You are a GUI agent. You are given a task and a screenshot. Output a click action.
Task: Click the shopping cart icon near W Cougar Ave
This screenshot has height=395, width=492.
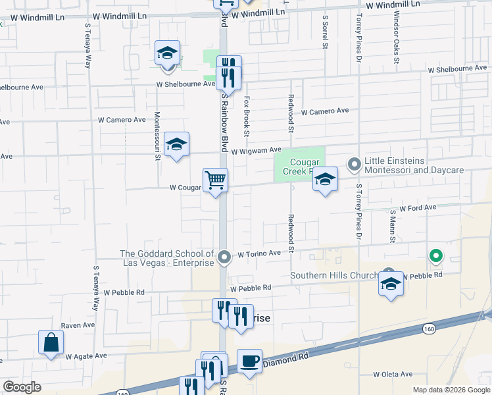[215, 180]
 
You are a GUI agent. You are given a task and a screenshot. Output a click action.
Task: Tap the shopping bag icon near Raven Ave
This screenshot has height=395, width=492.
[51, 342]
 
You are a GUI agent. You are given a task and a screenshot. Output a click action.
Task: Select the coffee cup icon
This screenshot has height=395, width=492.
[249, 361]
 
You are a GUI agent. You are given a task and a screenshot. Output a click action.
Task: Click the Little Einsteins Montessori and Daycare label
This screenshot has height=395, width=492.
[414, 165]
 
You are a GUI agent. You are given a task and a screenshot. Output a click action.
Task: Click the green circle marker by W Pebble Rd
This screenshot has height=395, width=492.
[435, 256]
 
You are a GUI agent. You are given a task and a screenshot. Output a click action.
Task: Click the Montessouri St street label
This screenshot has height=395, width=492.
[157, 130]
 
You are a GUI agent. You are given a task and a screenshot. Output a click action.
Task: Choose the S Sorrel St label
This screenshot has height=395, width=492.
[325, 34]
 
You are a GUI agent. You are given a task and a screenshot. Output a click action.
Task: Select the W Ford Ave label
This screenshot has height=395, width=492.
[418, 207]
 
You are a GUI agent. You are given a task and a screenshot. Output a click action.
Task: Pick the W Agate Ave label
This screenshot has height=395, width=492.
[86, 355]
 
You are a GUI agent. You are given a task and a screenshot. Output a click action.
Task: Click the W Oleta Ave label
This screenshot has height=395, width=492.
[393, 374]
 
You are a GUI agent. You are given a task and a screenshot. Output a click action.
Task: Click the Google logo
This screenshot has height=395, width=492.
[22, 387]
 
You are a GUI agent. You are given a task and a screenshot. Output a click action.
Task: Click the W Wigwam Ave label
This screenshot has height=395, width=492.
[256, 151]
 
